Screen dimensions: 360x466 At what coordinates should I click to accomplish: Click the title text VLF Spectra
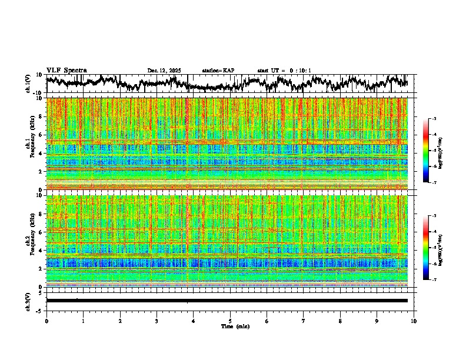[x=66, y=70]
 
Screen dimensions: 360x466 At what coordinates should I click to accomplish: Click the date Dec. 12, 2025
[x=164, y=71]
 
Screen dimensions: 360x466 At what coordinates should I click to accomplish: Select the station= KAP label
[x=218, y=71]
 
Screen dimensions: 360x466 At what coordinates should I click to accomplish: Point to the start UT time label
[x=284, y=71]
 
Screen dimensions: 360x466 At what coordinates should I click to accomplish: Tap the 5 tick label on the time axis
[x=230, y=321]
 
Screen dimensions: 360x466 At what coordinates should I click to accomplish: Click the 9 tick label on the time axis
[x=377, y=321]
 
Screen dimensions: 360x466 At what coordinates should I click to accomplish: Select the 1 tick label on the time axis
[x=83, y=321]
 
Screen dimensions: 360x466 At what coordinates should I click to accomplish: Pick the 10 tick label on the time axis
[x=414, y=321]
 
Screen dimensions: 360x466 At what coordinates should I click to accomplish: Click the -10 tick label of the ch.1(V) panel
[x=39, y=92]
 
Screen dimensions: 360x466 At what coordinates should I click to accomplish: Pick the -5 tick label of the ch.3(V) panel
[x=40, y=310]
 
